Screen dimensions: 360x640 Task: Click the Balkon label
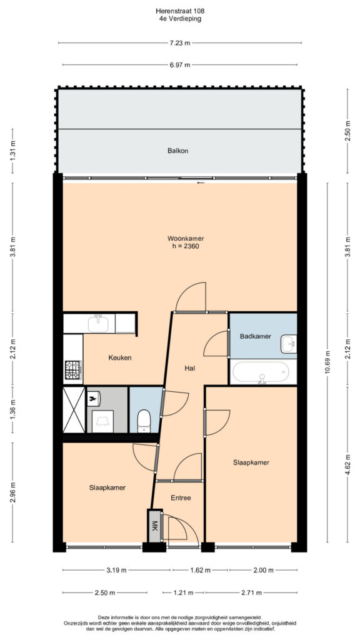tap(177, 151)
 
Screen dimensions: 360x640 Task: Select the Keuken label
tap(120, 357)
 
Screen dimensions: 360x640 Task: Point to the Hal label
tap(189, 368)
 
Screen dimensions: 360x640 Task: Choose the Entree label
tap(181, 497)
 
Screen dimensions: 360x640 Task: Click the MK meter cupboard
tap(155, 526)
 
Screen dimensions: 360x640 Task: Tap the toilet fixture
tap(144, 421)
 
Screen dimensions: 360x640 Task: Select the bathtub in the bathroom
tap(261, 372)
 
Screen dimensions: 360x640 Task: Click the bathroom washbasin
tap(289, 344)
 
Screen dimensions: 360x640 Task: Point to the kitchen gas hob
tap(72, 370)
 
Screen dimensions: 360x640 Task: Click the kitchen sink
tap(98, 324)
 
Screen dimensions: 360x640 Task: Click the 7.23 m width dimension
tap(180, 43)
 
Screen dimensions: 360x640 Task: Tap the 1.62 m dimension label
tap(200, 570)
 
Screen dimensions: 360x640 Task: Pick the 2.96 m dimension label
tap(12, 492)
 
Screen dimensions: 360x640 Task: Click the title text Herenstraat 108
tap(180, 11)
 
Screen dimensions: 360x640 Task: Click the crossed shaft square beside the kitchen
tap(74, 410)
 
